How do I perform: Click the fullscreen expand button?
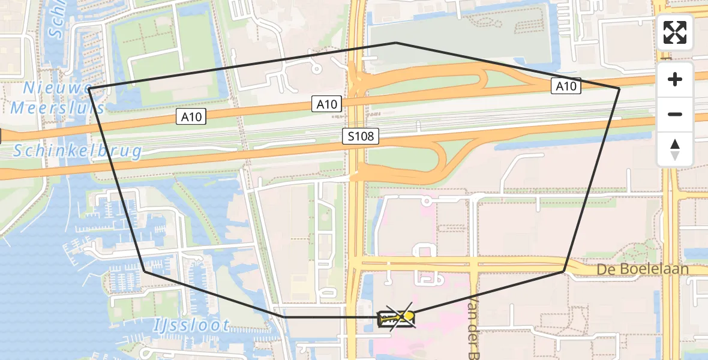point(675,32)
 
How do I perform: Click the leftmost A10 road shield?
point(192,116)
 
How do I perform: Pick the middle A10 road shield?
point(327,104)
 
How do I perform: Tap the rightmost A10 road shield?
point(566,86)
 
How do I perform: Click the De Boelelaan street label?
point(642,269)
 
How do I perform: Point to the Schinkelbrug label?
point(78,151)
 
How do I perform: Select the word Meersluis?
point(58,108)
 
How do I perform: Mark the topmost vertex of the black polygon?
point(395,43)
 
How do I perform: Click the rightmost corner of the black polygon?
point(619,89)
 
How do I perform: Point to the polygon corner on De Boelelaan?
point(564,271)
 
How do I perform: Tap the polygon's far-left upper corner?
point(89,88)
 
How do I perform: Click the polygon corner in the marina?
point(145,271)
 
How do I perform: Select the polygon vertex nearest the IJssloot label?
point(283,316)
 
